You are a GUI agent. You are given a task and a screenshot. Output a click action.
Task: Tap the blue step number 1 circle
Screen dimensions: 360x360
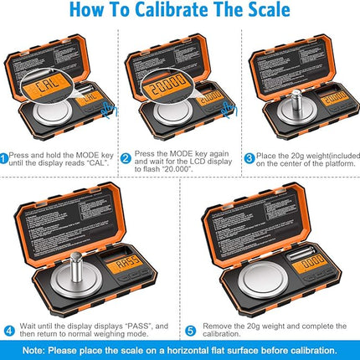click(x=4, y=157)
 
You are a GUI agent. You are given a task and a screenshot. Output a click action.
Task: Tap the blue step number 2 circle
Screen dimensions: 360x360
click(x=126, y=157)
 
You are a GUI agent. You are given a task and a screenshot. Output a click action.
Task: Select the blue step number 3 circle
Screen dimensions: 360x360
click(x=249, y=157)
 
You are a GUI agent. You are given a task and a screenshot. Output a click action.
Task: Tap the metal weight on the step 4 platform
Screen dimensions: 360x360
click(x=73, y=256)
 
